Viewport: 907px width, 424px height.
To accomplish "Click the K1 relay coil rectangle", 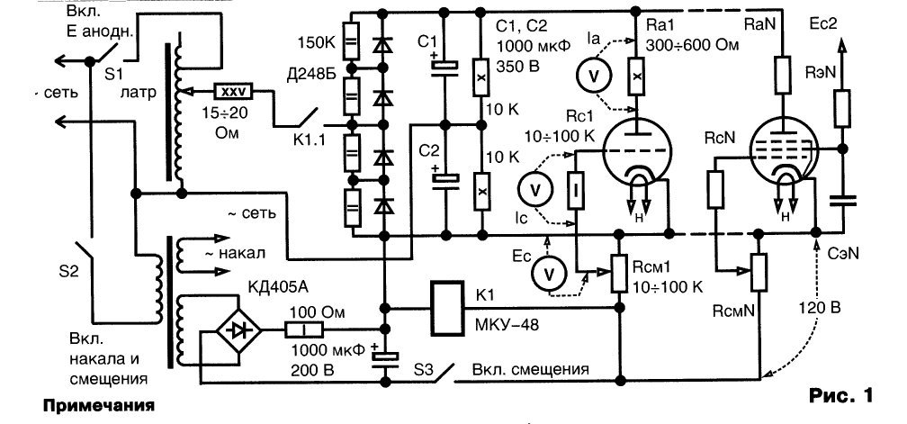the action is [447, 308].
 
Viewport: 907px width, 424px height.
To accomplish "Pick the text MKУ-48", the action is [506, 325].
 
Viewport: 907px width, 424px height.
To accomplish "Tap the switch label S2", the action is [68, 271].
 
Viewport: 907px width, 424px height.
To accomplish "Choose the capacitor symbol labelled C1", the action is [445, 68].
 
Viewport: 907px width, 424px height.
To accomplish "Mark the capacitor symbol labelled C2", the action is [445, 179].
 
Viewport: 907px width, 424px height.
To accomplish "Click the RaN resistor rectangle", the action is [783, 76].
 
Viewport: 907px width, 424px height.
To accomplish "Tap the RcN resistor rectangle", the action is [715, 189].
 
